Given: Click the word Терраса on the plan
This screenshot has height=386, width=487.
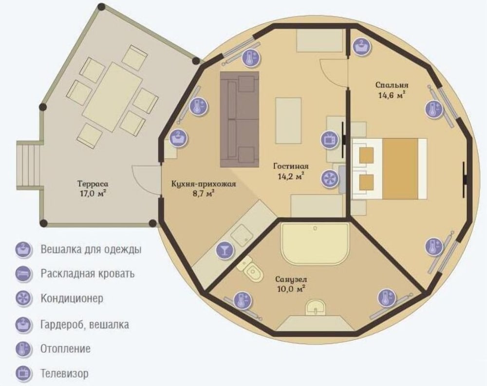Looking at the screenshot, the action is (93, 184).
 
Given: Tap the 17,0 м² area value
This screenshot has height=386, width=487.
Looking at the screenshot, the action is (93, 194).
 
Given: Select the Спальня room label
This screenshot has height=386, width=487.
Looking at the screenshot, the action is (392, 85).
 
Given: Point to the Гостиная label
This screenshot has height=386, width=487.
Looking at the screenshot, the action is (291, 166).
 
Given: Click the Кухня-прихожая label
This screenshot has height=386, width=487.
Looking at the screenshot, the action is (204, 184).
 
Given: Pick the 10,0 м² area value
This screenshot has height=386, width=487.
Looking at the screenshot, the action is (291, 289).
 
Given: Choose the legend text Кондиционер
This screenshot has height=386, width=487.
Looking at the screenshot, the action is (72, 298).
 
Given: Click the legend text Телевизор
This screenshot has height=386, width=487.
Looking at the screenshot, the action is (64, 373).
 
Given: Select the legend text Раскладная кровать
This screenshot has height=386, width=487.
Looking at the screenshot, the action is (88, 274).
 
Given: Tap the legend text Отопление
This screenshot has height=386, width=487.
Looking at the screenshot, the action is (66, 349).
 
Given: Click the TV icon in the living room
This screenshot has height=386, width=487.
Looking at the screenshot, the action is (330, 139).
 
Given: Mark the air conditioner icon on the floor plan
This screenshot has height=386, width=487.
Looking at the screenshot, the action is (330, 179).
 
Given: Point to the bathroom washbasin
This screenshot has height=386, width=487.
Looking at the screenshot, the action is (316, 308).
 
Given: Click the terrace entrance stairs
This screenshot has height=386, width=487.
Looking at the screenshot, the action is (28, 165).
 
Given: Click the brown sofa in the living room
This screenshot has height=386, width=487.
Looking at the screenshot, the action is (240, 120).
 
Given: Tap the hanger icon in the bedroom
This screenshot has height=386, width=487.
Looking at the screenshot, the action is (362, 47).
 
